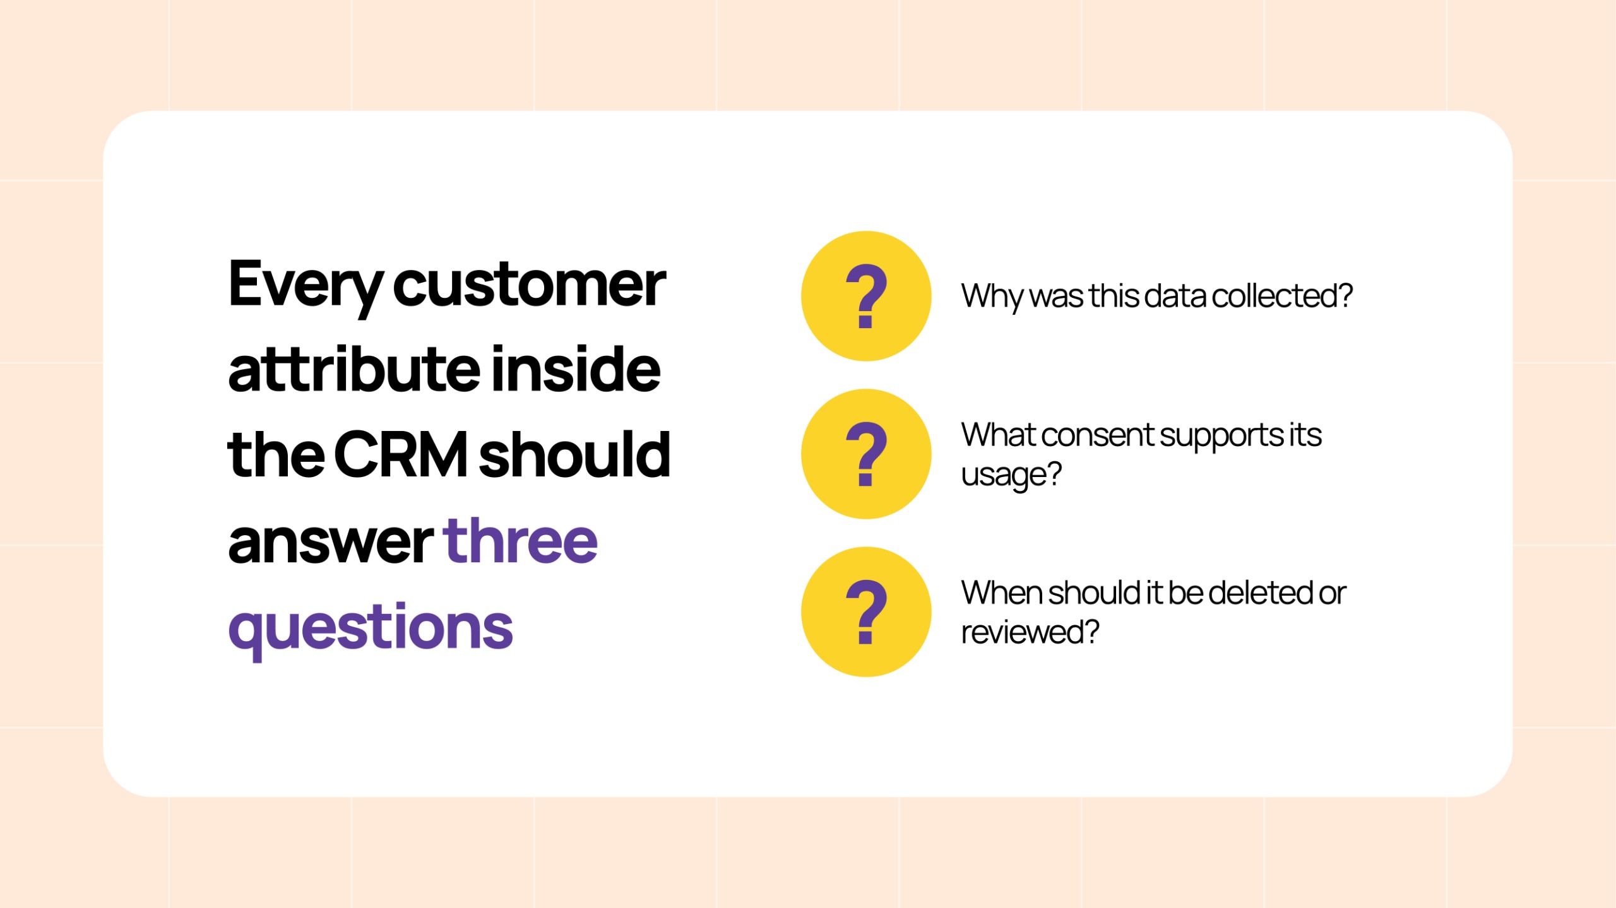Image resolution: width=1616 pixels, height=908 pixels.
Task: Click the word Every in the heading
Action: click(306, 287)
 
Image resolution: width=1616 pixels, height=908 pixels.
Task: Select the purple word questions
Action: click(371, 629)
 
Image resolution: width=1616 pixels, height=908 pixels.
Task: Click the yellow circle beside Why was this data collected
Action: click(866, 296)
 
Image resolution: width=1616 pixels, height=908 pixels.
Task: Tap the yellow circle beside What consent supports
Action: click(866, 454)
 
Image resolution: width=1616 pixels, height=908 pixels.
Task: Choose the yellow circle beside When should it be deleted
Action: click(866, 611)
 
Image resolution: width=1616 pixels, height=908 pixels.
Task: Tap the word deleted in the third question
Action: click(1259, 593)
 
